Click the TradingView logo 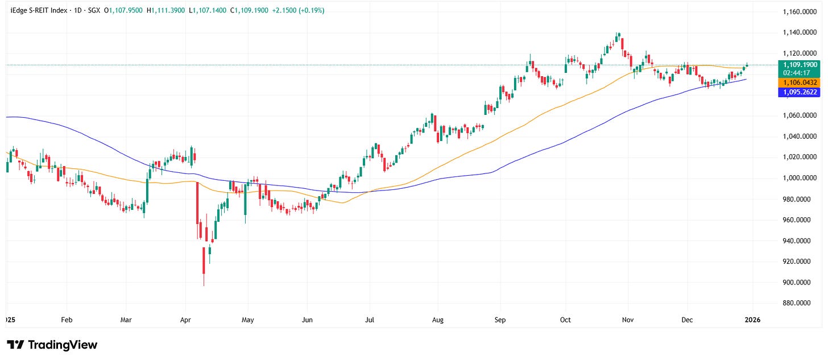click(x=52, y=345)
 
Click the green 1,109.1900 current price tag click(x=800, y=65)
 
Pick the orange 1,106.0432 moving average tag click(x=800, y=83)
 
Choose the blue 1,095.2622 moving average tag click(x=800, y=92)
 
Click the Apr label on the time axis click(x=185, y=320)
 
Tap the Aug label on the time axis click(x=437, y=320)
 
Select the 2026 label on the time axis click(x=752, y=320)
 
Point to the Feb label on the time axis click(x=67, y=320)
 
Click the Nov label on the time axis click(x=627, y=320)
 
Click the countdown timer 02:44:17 click(x=800, y=73)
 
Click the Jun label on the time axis click(x=308, y=320)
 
